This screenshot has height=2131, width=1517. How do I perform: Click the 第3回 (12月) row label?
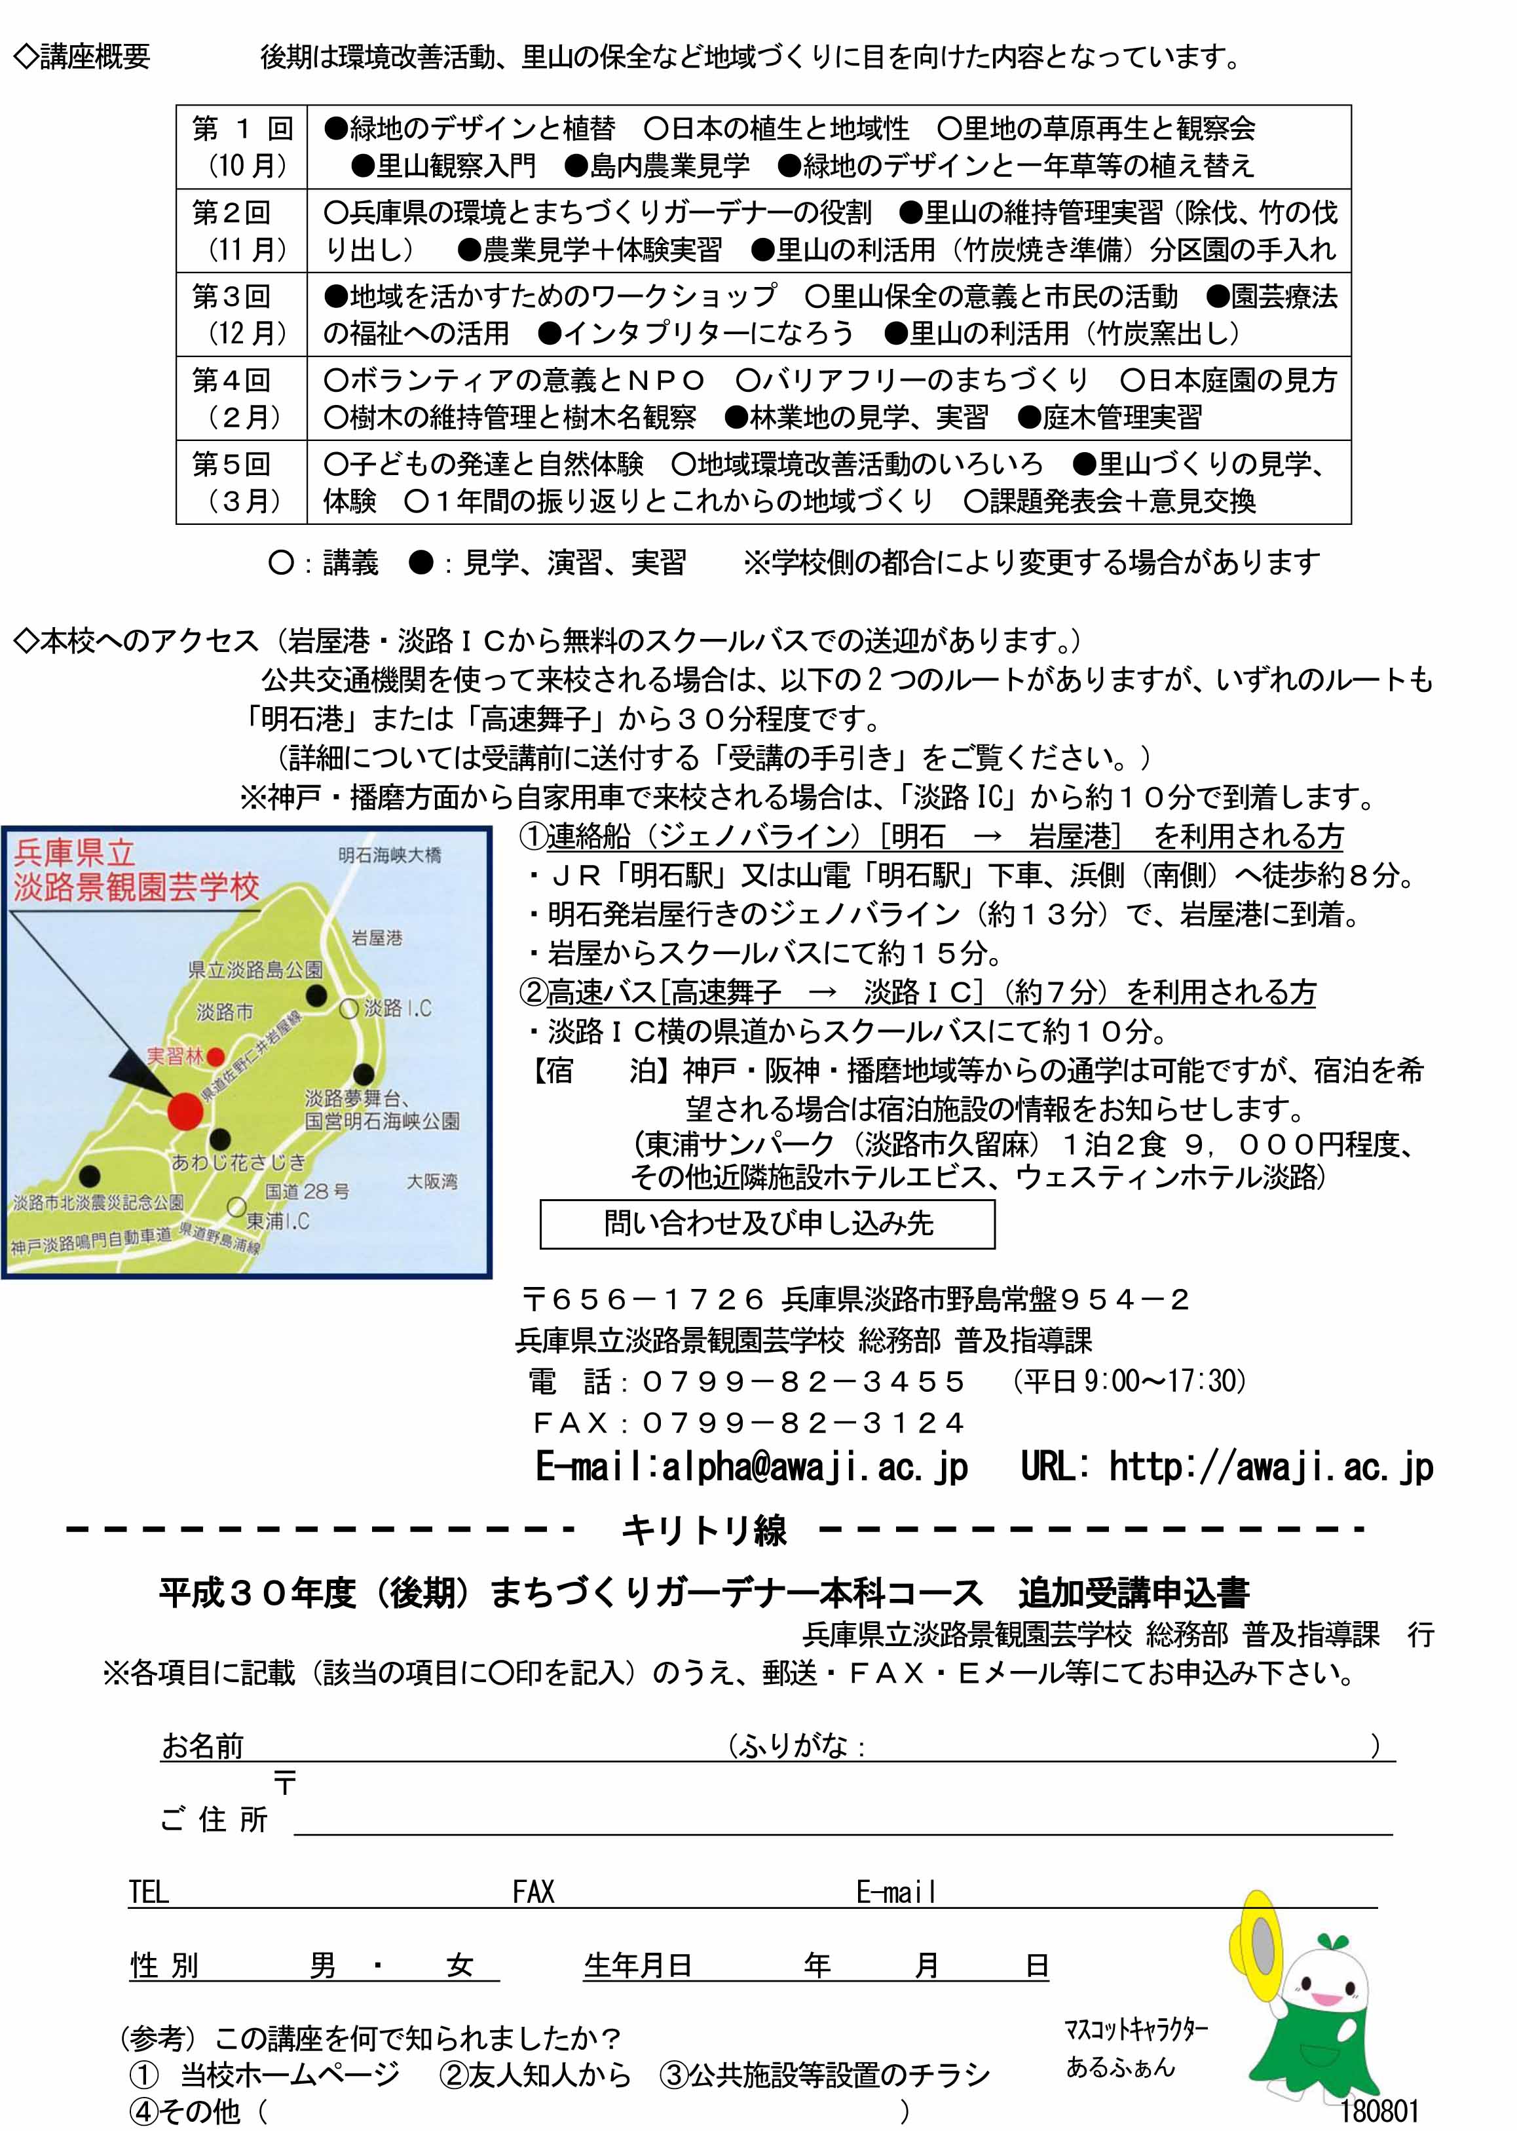(241, 315)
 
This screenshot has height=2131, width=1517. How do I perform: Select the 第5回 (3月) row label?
(241, 483)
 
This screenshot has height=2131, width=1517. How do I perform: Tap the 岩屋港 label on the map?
(377, 937)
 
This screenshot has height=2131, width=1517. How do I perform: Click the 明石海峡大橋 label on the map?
(390, 855)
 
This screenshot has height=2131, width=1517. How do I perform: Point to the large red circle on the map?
(185, 1111)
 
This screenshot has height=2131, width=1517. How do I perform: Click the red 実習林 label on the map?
(175, 1056)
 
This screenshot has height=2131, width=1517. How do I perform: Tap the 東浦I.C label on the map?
(278, 1221)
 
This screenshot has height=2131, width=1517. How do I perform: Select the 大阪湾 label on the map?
(432, 1181)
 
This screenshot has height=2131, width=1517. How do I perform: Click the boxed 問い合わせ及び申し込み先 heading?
(767, 1224)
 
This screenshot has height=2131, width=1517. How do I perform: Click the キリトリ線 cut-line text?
(703, 1530)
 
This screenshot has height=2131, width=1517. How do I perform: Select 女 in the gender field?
(460, 1966)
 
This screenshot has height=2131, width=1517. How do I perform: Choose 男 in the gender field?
(322, 1966)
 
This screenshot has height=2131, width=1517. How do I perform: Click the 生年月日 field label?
(638, 1966)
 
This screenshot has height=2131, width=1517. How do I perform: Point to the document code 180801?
(1379, 2111)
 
